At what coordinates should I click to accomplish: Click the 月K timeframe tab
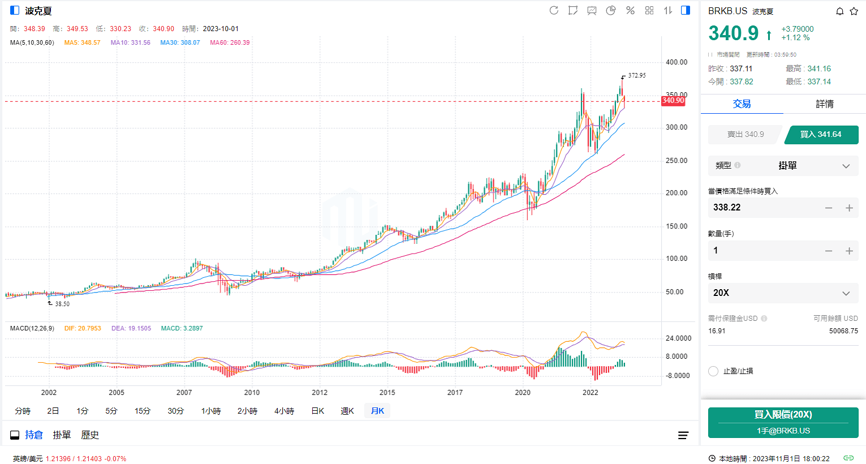click(x=377, y=411)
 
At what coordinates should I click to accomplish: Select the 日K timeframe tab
click(x=318, y=411)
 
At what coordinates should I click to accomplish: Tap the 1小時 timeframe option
click(x=211, y=411)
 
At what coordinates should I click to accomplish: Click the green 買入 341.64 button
click(x=821, y=135)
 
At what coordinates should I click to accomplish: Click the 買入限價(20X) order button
click(x=783, y=422)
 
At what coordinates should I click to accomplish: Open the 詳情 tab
click(x=825, y=104)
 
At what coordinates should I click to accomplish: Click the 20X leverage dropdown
click(x=783, y=293)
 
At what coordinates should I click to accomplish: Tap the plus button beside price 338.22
click(x=849, y=208)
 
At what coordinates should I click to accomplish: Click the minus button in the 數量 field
click(x=829, y=251)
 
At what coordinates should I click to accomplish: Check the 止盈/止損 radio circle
click(x=713, y=371)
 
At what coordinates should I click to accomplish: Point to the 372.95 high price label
click(x=636, y=75)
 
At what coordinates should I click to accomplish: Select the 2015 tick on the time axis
click(x=387, y=393)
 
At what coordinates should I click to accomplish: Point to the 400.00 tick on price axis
click(x=677, y=62)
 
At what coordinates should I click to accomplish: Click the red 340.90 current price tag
click(x=673, y=101)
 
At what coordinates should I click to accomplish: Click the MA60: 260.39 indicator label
click(x=230, y=42)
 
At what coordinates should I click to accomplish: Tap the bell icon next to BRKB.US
click(x=840, y=11)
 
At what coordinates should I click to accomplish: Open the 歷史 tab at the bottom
click(x=90, y=435)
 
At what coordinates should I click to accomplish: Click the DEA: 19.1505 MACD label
click(x=131, y=328)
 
